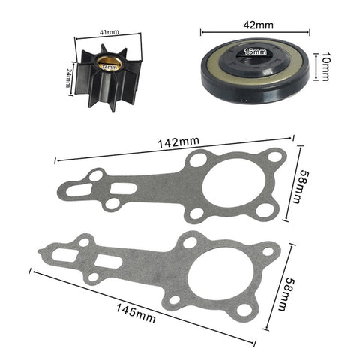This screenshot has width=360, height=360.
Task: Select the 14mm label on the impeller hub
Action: [110, 67]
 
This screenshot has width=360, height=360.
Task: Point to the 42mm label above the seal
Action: [254, 23]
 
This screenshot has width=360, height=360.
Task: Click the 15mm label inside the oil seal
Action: [255, 52]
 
